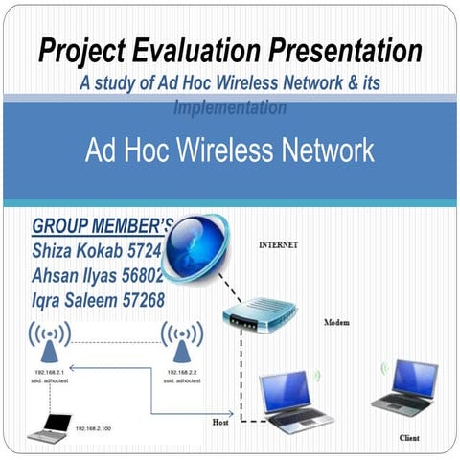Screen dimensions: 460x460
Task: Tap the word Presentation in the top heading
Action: pos(348,50)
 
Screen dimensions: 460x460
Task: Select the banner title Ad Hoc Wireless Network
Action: pos(229,150)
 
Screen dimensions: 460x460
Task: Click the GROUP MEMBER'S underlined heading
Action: pos(102,227)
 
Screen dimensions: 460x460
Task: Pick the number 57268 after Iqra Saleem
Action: pos(141,301)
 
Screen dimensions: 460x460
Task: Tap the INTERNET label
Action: pos(278,245)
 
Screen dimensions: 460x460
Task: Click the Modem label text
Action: pos(336,323)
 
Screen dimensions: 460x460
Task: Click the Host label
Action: pos(220,421)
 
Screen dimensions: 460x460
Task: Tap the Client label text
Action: pos(409,438)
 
